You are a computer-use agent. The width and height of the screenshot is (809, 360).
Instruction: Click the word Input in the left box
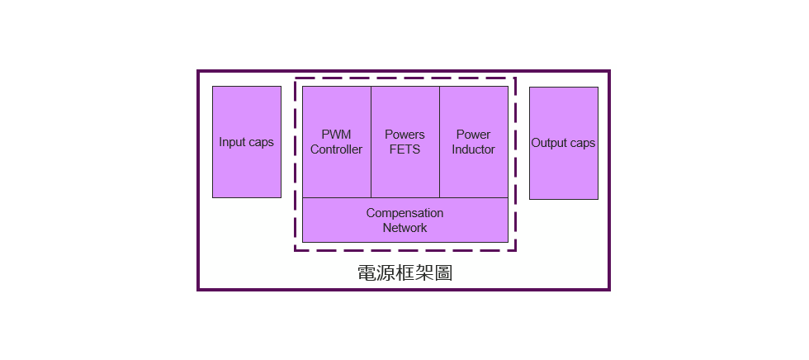[233, 142]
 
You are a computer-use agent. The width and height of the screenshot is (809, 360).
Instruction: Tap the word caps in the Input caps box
[261, 142]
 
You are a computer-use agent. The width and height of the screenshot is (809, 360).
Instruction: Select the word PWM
[336, 135]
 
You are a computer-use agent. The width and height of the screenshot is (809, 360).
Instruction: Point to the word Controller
[336, 149]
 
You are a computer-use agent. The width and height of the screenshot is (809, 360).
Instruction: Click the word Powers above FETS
[404, 135]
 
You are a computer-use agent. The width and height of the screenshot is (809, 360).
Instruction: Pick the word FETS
[404, 149]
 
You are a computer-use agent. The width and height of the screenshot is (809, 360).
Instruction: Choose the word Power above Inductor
[473, 135]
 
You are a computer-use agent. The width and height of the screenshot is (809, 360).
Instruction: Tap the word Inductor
[473, 149]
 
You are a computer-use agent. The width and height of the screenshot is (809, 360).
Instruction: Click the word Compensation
[404, 213]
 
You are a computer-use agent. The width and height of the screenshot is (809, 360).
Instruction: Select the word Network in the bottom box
[404, 228]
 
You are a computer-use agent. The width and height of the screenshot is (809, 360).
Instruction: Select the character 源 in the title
[386, 273]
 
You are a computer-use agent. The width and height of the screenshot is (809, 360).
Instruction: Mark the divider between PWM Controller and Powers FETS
[371, 142]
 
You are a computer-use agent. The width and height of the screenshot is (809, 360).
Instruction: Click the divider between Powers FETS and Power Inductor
[439, 142]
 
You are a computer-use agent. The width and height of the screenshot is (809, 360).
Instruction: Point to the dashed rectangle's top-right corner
[515, 78]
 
